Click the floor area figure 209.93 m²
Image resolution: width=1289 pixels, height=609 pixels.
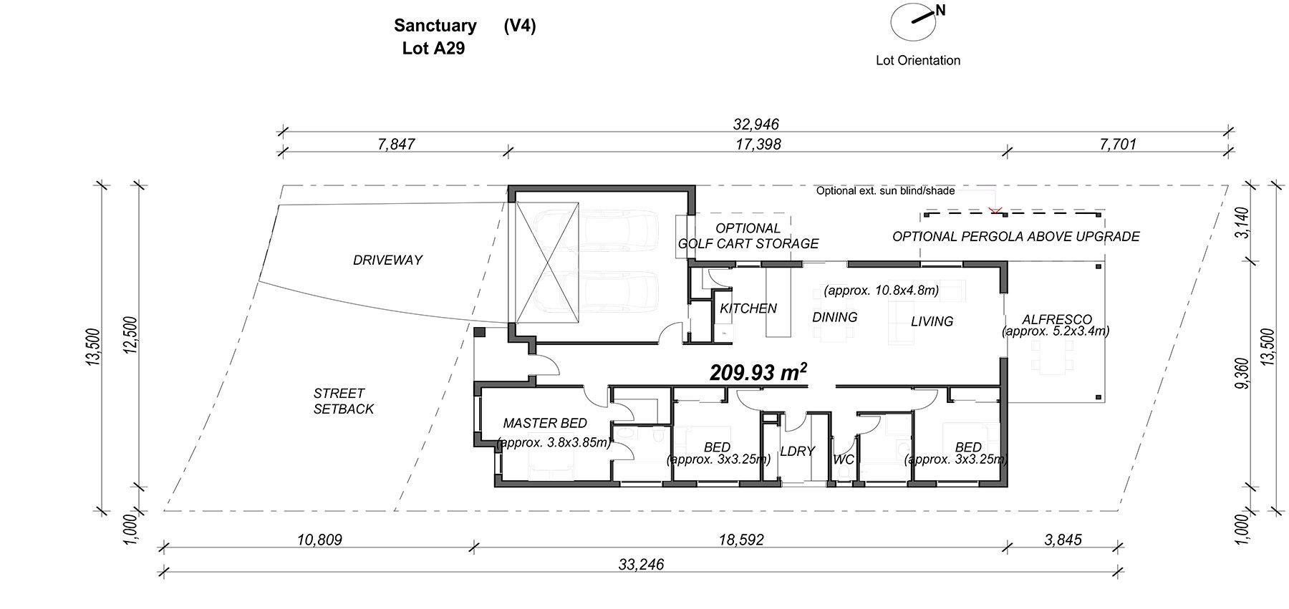(x=758, y=373)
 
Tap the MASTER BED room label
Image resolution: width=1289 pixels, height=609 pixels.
(x=545, y=423)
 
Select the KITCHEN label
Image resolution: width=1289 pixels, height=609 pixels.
(x=748, y=308)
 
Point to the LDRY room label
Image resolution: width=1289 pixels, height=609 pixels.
(x=797, y=452)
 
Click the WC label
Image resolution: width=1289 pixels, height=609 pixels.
(x=844, y=459)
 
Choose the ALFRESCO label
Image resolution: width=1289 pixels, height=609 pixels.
(x=1056, y=320)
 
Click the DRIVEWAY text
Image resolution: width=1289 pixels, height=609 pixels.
(x=387, y=260)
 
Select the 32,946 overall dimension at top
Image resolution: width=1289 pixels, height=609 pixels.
(x=755, y=125)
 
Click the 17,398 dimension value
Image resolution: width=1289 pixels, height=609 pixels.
(x=758, y=144)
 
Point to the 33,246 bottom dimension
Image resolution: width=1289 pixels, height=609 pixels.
(x=641, y=565)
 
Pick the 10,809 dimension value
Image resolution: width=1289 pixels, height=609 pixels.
(x=319, y=540)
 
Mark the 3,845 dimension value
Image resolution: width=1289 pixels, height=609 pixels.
(x=1063, y=540)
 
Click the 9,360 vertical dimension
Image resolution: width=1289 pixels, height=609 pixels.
(x=1243, y=374)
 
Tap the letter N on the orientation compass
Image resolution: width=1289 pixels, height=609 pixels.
(x=940, y=10)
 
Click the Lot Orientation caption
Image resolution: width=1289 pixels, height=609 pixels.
(x=918, y=60)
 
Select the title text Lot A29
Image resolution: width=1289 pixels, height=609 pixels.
(x=433, y=49)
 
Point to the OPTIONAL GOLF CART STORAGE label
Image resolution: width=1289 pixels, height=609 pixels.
(x=748, y=236)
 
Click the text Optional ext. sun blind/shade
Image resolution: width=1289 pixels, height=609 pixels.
(x=885, y=191)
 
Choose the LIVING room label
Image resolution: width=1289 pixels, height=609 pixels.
(x=932, y=322)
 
